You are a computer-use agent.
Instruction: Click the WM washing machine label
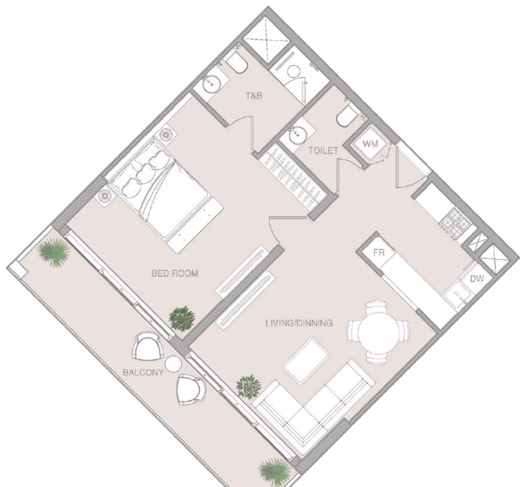click(x=370, y=144)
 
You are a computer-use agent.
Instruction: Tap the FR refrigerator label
click(x=379, y=252)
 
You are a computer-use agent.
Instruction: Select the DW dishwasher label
click(x=477, y=278)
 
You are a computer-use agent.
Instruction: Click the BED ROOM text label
click(x=175, y=273)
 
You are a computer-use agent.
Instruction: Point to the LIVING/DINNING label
click(x=299, y=323)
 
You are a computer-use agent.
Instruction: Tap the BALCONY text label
click(x=143, y=372)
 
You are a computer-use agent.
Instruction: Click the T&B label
click(x=254, y=96)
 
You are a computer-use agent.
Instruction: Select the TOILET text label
click(x=324, y=151)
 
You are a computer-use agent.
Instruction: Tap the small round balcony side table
click(x=173, y=364)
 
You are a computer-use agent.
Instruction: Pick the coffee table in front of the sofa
click(x=306, y=360)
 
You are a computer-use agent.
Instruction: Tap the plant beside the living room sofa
click(x=249, y=386)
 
